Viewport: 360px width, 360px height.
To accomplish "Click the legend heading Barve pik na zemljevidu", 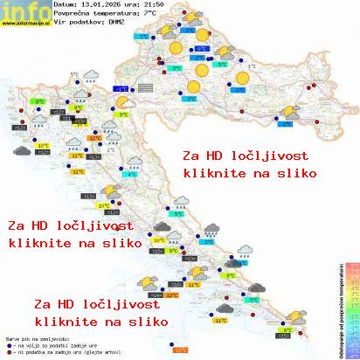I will pyautogui.click(x=33, y=337).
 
